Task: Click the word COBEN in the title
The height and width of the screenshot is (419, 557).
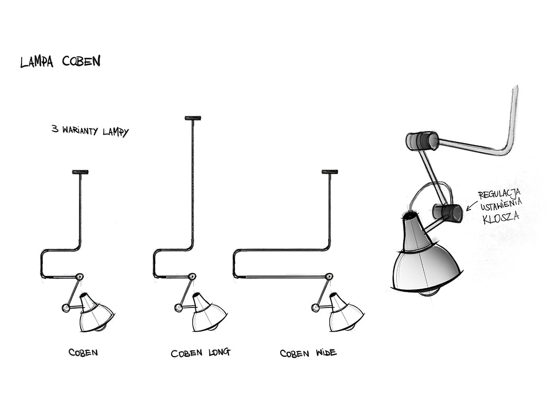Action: coord(81,61)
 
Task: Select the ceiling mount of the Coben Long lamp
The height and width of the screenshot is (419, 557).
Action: coord(193,118)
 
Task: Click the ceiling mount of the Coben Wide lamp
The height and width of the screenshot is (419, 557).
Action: coord(330,172)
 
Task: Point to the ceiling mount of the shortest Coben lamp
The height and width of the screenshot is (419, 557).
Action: coord(80,172)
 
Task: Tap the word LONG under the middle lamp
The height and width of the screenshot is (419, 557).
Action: coord(218,352)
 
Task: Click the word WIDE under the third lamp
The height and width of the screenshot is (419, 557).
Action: coord(326,352)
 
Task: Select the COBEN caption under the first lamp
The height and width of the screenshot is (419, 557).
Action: coord(83,352)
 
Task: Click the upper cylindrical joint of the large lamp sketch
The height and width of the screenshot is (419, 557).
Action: coord(422,140)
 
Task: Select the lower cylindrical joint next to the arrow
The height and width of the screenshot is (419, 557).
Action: coord(448,213)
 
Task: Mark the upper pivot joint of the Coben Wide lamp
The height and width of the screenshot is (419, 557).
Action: coord(329,277)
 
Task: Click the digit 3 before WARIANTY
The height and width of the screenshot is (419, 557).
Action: coord(54,129)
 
